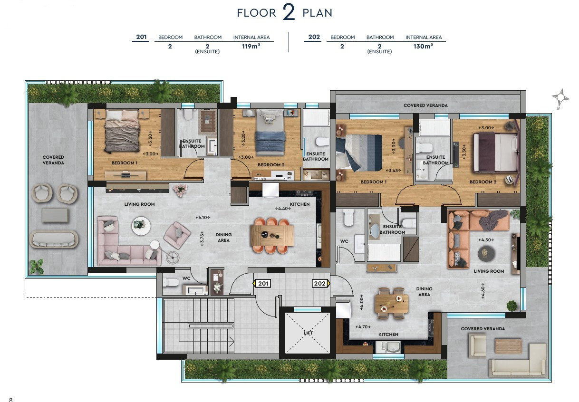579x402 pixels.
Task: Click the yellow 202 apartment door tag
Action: [320, 284]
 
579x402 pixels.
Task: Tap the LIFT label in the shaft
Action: [309, 333]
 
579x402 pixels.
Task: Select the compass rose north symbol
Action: [560, 98]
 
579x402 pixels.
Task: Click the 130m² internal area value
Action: [423, 47]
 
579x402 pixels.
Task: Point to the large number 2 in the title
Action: [289, 13]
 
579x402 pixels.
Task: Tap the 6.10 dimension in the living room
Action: [203, 218]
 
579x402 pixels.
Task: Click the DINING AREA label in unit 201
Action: [223, 237]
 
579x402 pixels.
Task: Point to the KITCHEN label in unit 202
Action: [388, 335]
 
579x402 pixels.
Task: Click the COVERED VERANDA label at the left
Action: [53, 160]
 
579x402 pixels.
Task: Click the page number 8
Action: [10, 399]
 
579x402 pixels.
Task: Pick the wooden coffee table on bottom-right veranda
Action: [508, 345]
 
